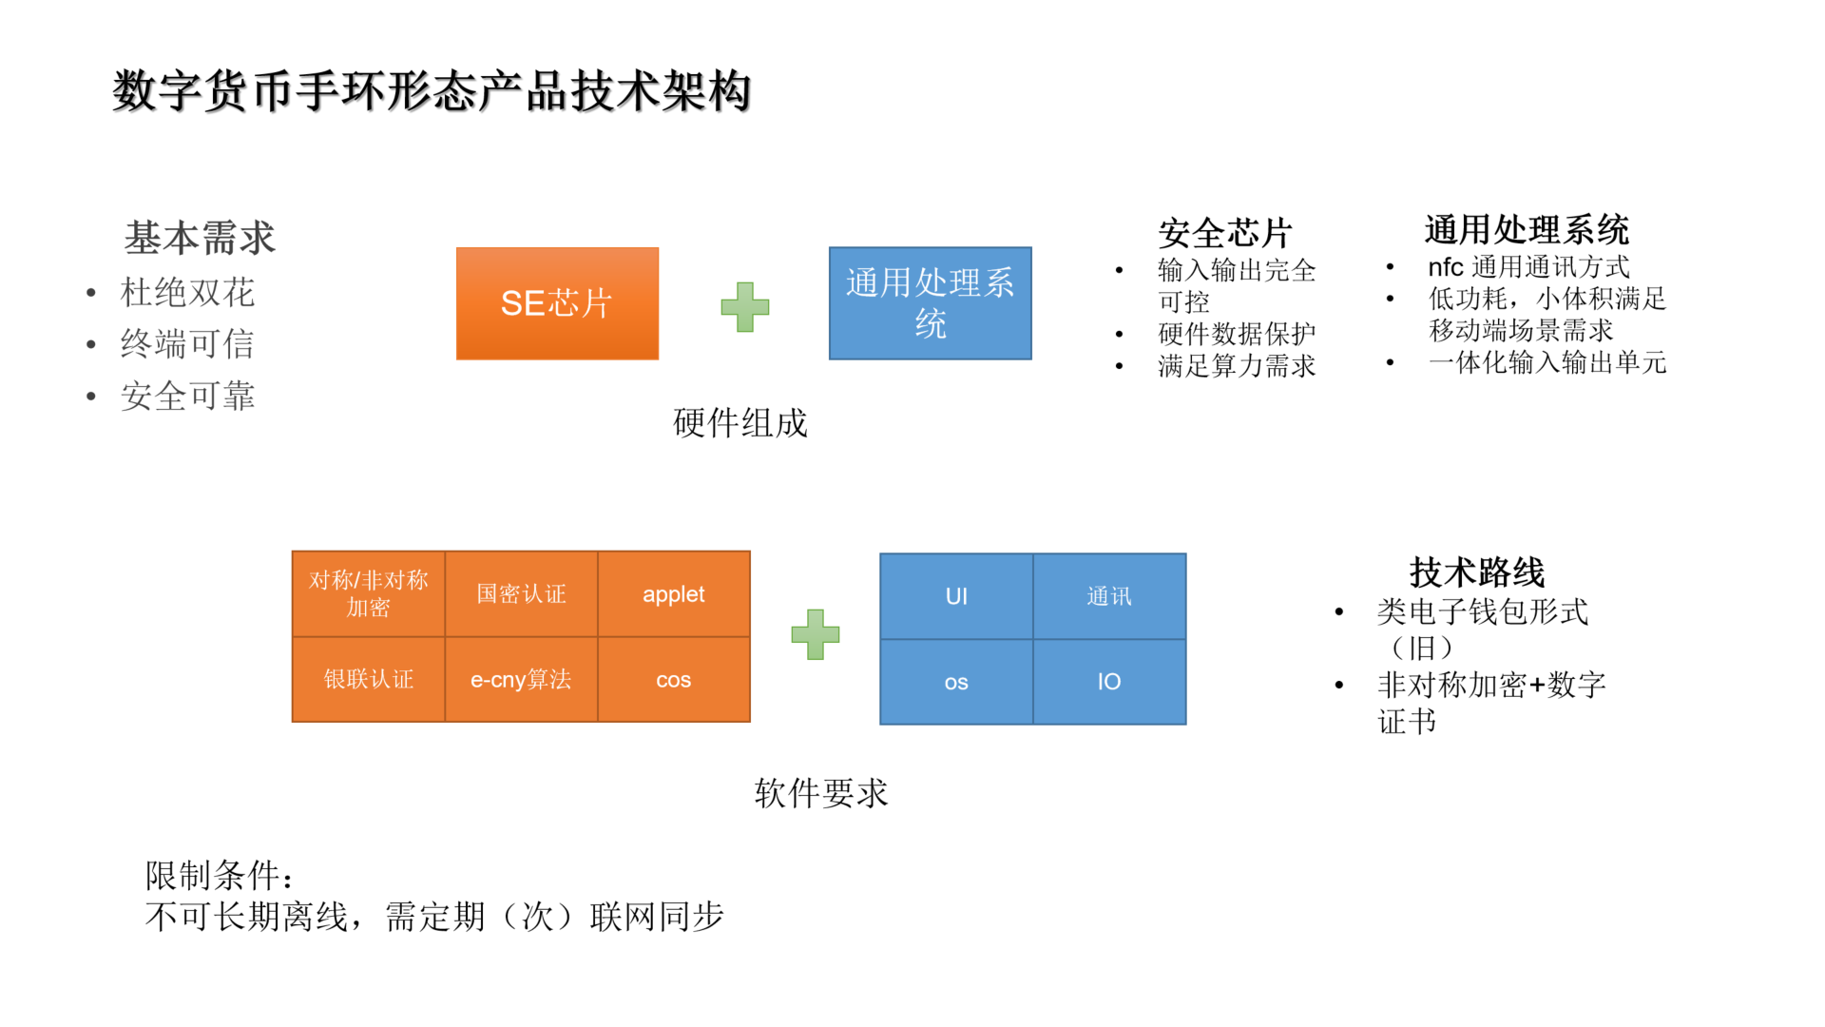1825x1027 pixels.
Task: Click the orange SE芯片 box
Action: tap(557, 303)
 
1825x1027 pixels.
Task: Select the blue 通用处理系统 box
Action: tap(930, 303)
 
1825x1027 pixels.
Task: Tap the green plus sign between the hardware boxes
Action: tap(745, 306)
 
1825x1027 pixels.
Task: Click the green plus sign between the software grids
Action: tap(816, 634)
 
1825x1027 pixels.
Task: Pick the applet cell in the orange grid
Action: tap(673, 594)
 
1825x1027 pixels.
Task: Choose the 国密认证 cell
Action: tap(521, 594)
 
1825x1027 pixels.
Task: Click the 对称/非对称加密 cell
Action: tap(368, 594)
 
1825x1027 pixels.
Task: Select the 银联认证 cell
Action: tap(368, 679)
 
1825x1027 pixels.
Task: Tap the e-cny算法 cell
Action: tap(521, 679)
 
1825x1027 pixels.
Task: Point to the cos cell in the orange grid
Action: tap(673, 679)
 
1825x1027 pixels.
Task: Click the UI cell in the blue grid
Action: tap(956, 596)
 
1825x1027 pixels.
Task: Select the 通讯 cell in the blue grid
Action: tap(1109, 596)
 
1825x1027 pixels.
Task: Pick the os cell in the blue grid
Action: tap(956, 682)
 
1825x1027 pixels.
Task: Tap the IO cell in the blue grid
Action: tap(1109, 682)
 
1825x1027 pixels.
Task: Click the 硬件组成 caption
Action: tap(740, 423)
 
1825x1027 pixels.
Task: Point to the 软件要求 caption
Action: tap(821, 793)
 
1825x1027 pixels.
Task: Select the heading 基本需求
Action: tap(200, 238)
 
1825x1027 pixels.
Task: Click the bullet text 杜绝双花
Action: tap(187, 293)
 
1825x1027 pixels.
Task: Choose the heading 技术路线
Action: tap(1476, 572)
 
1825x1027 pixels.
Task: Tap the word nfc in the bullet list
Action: tap(1445, 267)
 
